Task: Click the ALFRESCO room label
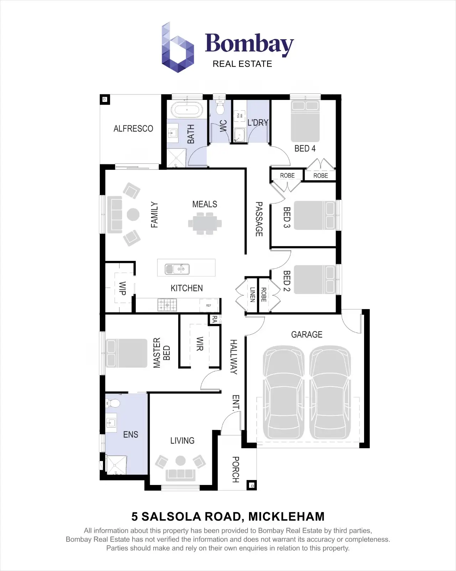click(x=133, y=128)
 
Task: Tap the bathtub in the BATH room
click(x=187, y=110)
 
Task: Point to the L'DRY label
click(x=258, y=123)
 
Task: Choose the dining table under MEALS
click(x=205, y=224)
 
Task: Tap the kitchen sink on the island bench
click(x=177, y=269)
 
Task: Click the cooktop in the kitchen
click(x=167, y=305)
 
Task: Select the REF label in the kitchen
click(x=208, y=305)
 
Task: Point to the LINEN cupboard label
click(x=252, y=295)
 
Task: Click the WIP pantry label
click(x=122, y=288)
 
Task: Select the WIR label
click(x=200, y=344)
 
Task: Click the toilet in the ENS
click(x=113, y=403)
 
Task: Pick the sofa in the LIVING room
click(x=181, y=474)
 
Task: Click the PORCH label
click(x=235, y=469)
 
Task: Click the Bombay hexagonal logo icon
click(x=177, y=48)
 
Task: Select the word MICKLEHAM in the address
click(x=286, y=516)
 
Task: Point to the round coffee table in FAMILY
click(x=133, y=214)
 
